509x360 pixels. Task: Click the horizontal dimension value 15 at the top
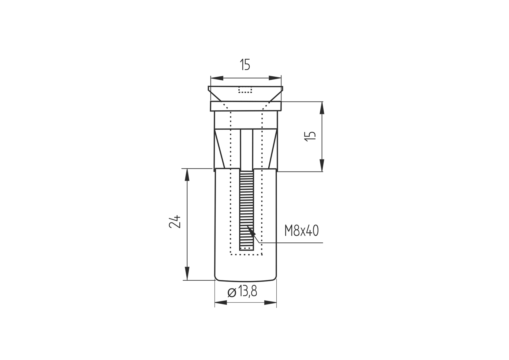tap(245, 65)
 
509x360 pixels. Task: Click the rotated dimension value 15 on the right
tap(310, 137)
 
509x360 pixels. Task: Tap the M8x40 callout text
tap(301, 231)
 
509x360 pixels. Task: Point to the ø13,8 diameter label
tap(242, 292)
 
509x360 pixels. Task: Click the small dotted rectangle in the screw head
tap(245, 90)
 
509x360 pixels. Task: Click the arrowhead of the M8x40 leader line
tap(251, 230)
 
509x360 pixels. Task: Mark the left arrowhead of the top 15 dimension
tap(217, 78)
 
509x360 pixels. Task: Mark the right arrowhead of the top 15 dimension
tap(275, 78)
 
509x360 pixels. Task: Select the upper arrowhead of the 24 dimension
tap(187, 175)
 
